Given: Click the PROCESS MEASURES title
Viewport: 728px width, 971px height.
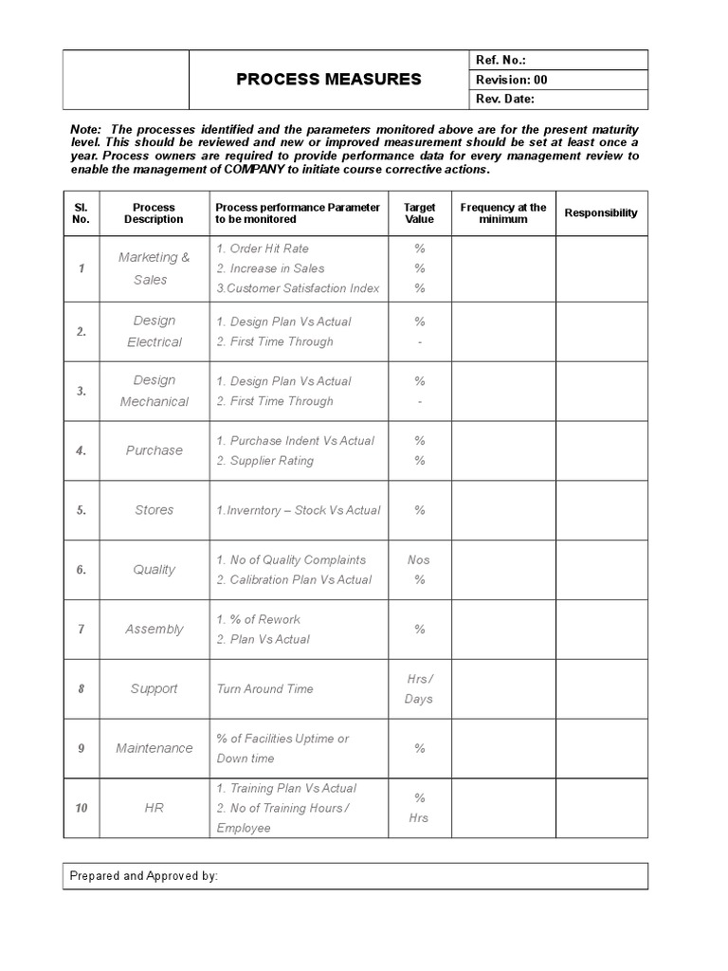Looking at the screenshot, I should [x=328, y=80].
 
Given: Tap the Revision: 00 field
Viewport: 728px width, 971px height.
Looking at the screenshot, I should [x=511, y=80].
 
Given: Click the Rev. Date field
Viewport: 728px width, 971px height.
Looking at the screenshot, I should [x=504, y=100].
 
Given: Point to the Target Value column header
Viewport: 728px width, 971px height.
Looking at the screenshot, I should [x=419, y=213].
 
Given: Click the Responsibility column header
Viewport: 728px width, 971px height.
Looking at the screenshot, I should [x=601, y=213].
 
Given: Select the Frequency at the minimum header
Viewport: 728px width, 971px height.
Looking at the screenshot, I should [x=502, y=213].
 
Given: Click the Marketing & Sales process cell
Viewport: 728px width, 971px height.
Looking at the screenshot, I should [x=154, y=268].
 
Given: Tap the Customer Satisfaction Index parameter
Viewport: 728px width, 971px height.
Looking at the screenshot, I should [x=298, y=288].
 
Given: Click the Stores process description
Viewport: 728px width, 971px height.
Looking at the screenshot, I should [x=154, y=510].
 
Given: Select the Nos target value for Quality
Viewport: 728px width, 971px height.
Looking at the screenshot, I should [x=419, y=559].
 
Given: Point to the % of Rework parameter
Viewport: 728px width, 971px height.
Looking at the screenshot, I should [x=258, y=619].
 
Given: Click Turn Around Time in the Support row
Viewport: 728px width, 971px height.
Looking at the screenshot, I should [x=264, y=689].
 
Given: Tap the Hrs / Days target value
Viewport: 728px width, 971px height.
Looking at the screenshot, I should [x=419, y=688].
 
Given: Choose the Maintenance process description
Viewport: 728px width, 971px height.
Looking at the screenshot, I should [x=154, y=748].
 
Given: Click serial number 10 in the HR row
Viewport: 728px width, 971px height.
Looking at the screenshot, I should [x=82, y=808].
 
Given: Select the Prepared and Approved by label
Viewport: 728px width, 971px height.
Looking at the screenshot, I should [x=144, y=876].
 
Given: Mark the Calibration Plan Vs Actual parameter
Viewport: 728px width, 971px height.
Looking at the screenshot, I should [x=294, y=579].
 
